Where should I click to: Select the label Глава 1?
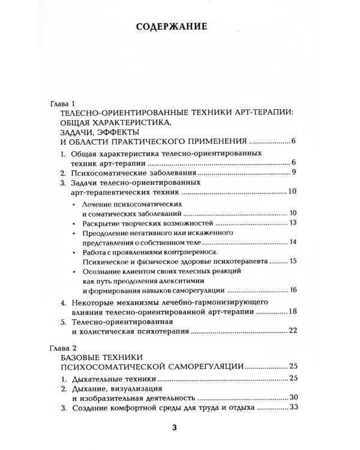62,104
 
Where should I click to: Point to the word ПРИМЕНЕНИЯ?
211,142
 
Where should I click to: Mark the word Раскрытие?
101,223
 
